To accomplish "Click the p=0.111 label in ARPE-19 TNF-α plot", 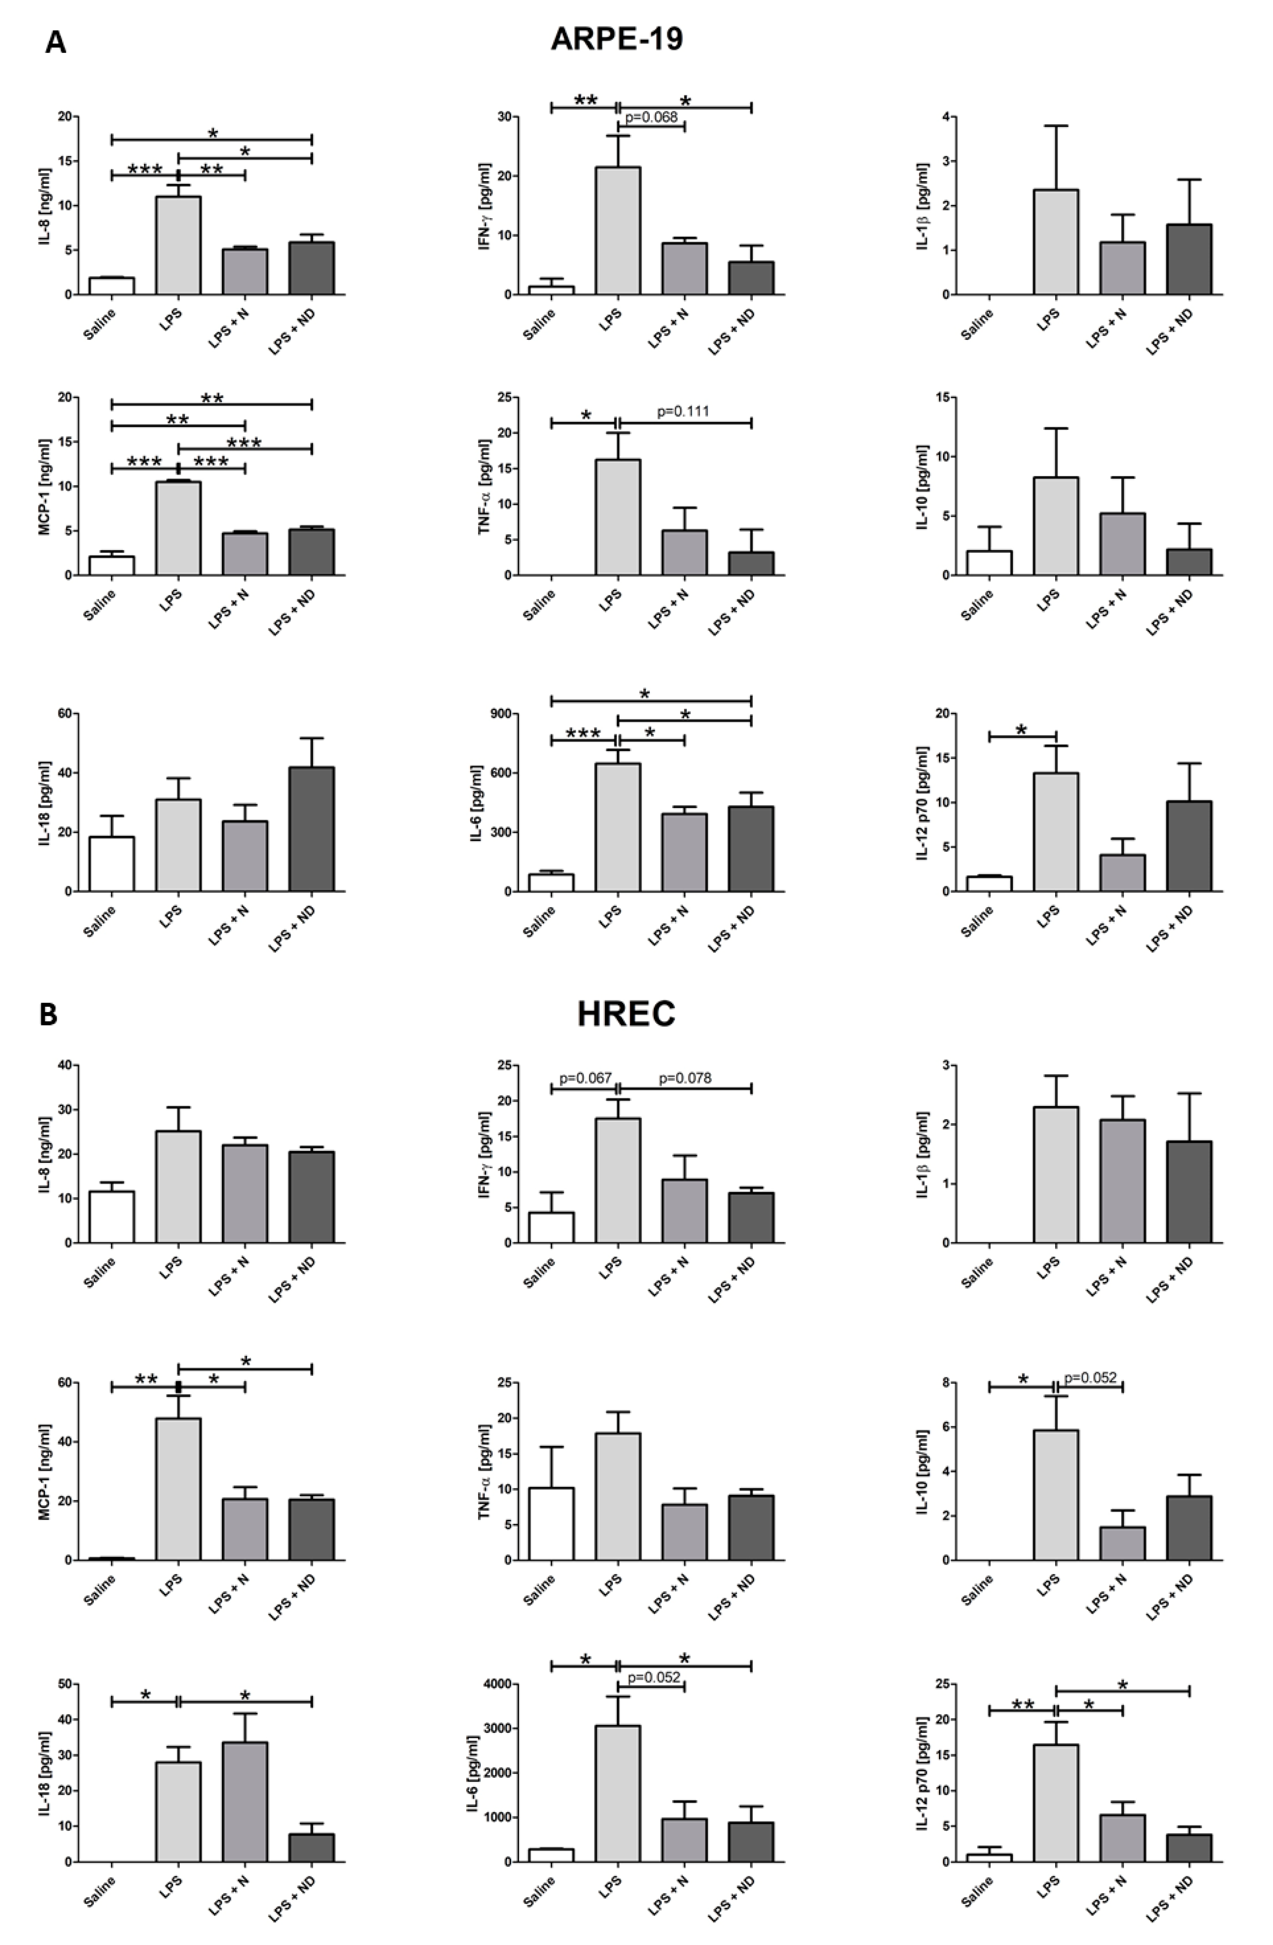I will (x=683, y=411).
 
